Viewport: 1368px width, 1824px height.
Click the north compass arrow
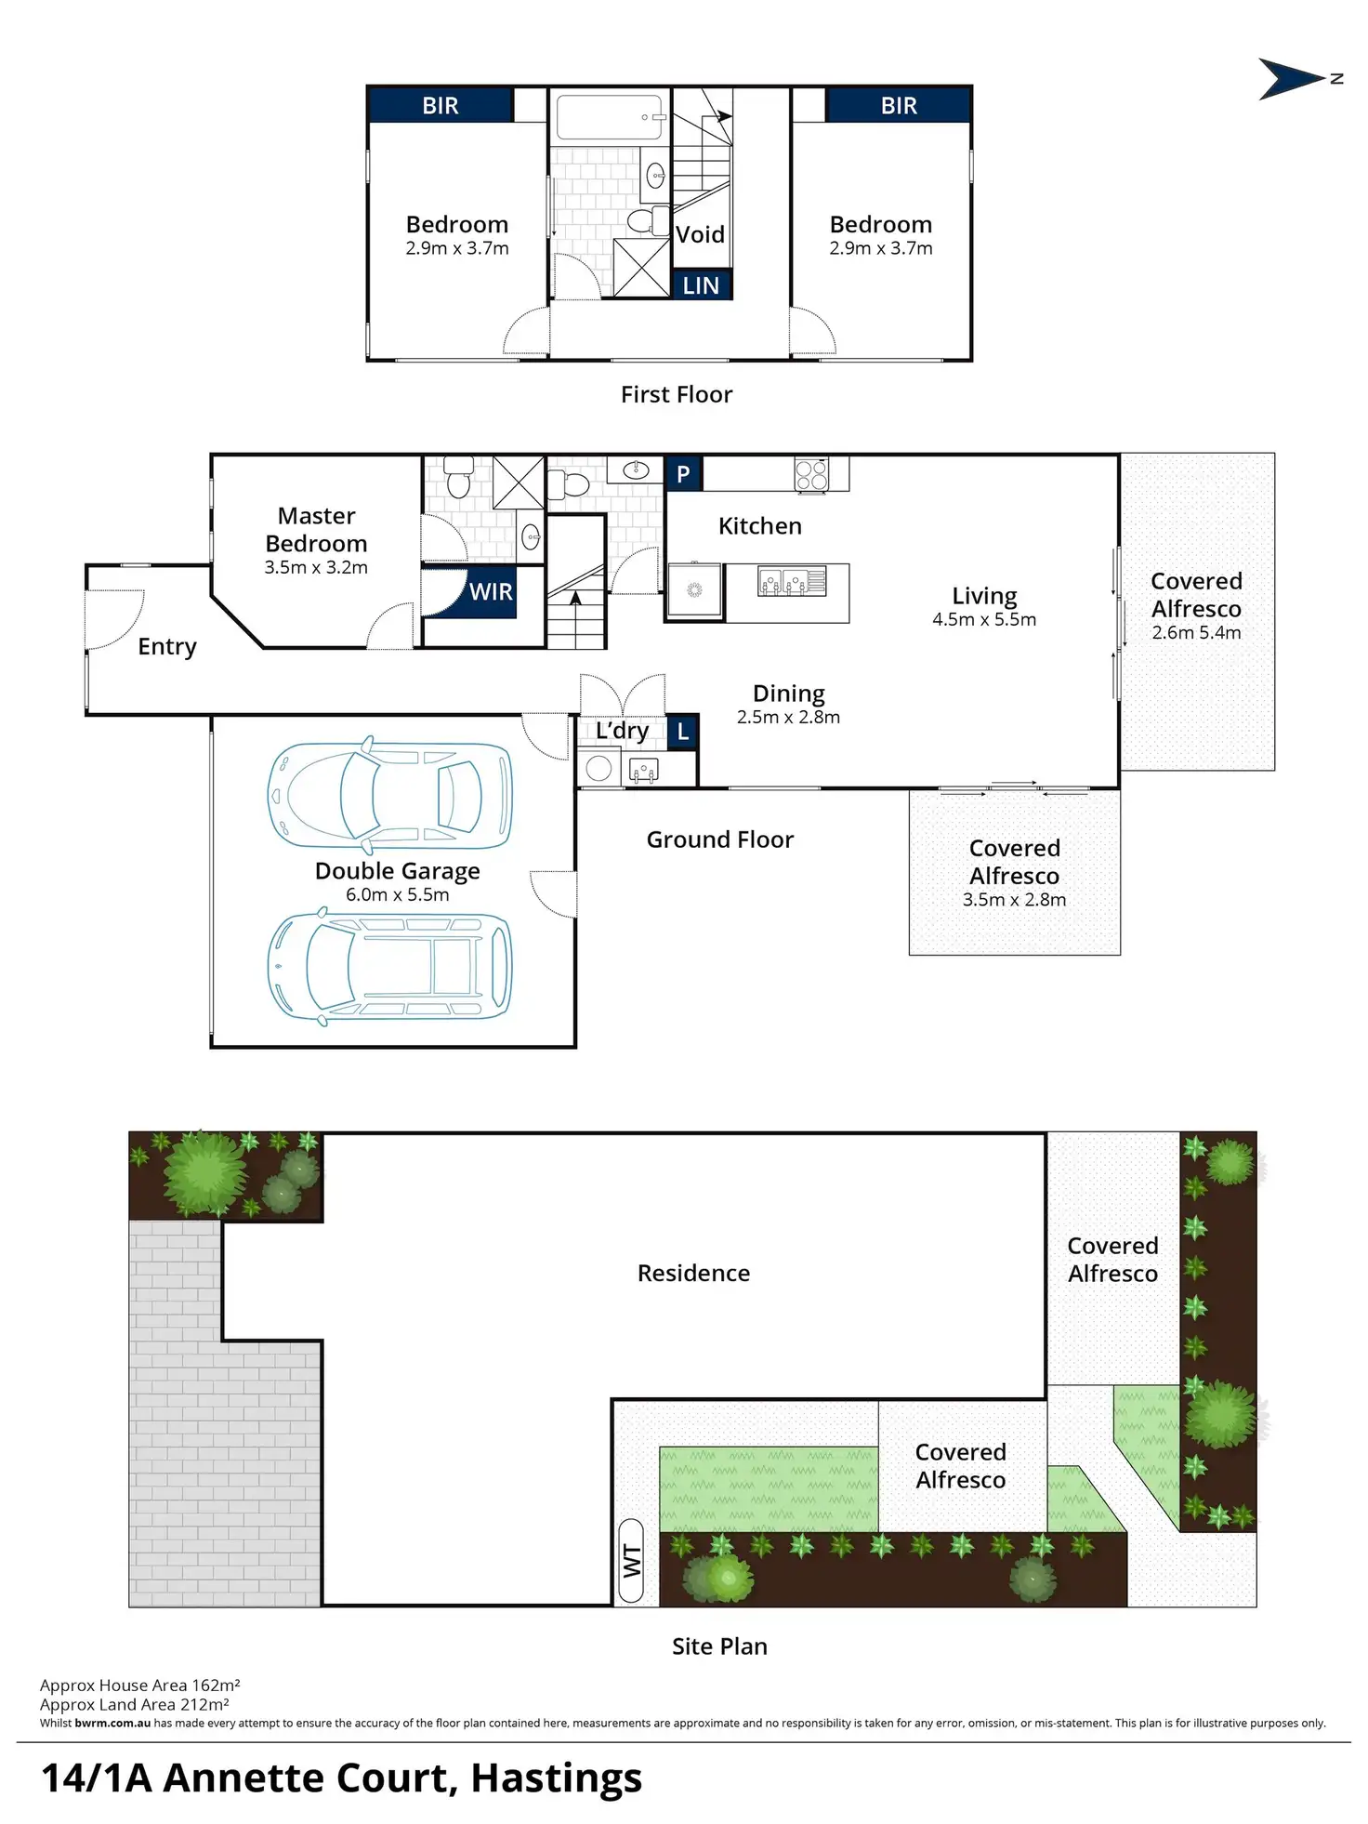(1290, 79)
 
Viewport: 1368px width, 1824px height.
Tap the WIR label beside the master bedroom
(490, 592)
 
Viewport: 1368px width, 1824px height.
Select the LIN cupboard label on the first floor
(701, 285)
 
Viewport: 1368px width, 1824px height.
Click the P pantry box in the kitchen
(683, 474)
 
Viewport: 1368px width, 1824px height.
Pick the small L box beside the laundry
(683, 732)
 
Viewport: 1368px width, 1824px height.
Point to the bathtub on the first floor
(609, 116)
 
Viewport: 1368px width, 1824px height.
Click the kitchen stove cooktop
(810, 474)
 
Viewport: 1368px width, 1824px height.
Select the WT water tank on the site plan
(631, 1561)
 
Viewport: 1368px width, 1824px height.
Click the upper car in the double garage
(389, 796)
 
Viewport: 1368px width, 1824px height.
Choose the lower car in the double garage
(389, 967)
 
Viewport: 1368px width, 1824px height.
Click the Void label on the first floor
(700, 234)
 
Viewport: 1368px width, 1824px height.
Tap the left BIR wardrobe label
(441, 106)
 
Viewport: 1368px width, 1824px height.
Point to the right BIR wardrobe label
(899, 106)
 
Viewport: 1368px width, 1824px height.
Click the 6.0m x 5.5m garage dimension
(397, 894)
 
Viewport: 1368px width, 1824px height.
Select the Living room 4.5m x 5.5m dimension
(984, 620)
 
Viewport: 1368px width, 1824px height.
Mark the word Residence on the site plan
(693, 1273)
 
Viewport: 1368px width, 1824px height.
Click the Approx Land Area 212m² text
(135, 1704)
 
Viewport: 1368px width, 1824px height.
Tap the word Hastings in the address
(556, 1778)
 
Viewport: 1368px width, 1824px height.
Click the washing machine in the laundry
(599, 768)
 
